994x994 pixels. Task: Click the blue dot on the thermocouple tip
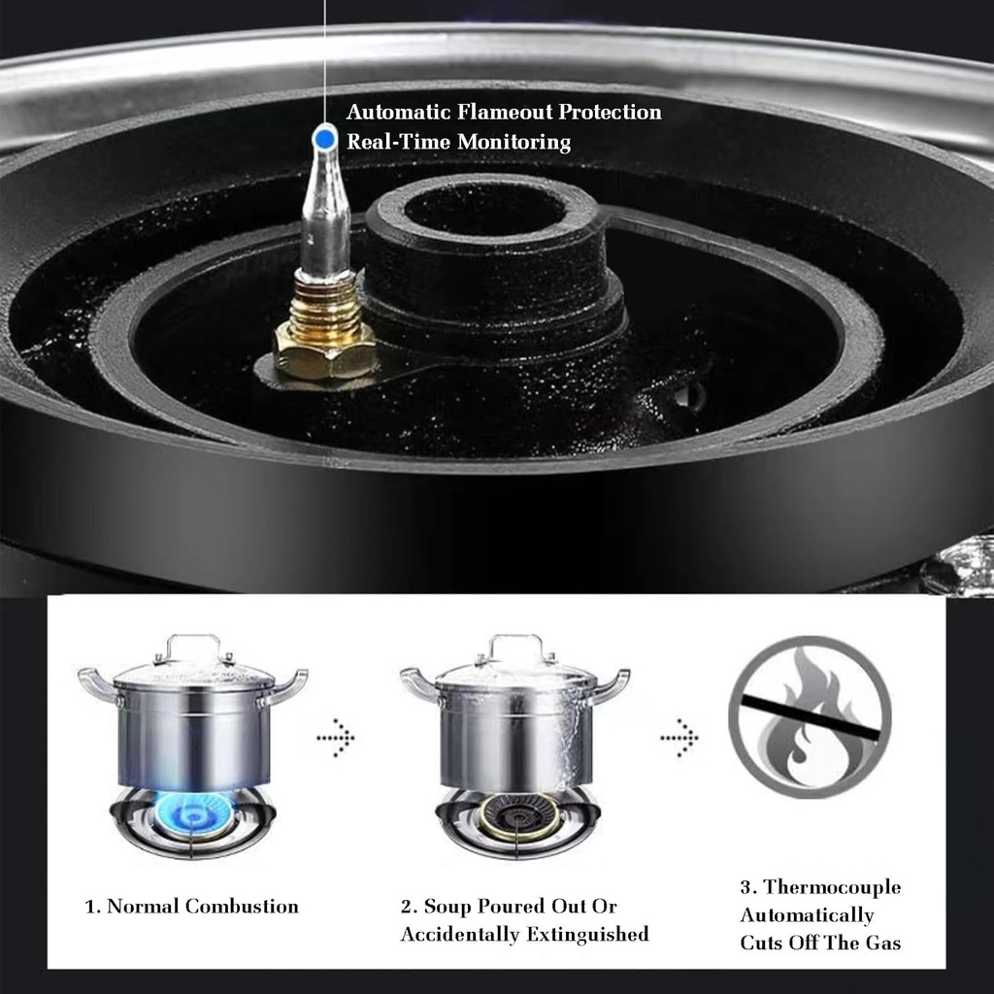(x=325, y=140)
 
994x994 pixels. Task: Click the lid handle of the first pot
(x=193, y=646)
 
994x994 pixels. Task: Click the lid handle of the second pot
(x=515, y=646)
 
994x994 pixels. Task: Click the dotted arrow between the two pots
(x=336, y=739)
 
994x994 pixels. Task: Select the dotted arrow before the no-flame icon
(x=679, y=739)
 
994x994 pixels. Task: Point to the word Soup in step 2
(x=450, y=907)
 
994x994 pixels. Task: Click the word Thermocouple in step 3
(x=832, y=887)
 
